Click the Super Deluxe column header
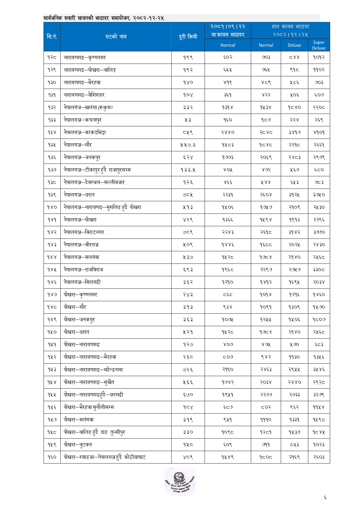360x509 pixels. pos(319,45)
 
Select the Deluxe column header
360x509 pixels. pos(294,45)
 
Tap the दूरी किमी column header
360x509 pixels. pos(188,37)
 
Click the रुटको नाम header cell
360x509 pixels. pos(116,37)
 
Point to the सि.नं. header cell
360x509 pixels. pos(52,37)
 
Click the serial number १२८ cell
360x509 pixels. pos(52,57)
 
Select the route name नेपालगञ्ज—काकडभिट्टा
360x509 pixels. pos(85,132)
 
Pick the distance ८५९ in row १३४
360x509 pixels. pos(188,132)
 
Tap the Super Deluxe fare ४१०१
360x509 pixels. pos(319,132)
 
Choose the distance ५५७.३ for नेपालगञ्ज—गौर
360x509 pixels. pos(188,145)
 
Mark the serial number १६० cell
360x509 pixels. pos(52,457)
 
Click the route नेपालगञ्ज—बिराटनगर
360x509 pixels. pos(84,232)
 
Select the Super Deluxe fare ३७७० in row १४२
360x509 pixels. pos(319,232)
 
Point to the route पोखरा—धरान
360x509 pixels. pos(76,332)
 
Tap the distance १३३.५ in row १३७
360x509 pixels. pos(188,170)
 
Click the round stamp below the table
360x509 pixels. pos(180,482)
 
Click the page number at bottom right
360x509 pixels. pos(325,498)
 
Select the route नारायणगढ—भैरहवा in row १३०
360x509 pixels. pos(82,82)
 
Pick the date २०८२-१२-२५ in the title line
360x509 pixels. pos(149,18)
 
